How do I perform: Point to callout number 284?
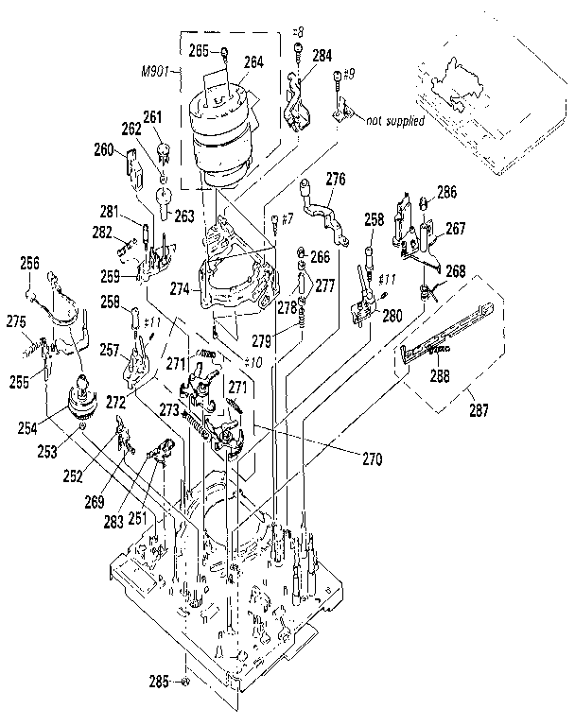(322, 56)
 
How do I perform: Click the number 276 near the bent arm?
(336, 179)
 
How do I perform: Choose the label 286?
(446, 193)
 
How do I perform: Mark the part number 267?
(457, 228)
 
